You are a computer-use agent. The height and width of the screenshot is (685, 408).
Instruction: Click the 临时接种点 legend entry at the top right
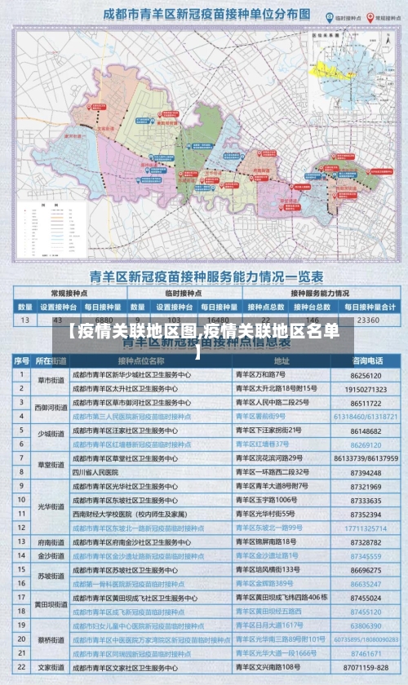click(326, 16)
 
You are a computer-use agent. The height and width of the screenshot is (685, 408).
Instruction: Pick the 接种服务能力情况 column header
click(319, 293)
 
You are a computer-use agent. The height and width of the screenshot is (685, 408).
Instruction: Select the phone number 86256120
click(366, 375)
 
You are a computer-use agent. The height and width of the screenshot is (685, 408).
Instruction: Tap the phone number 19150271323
click(366, 389)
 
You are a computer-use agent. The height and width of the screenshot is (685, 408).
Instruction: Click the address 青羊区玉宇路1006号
click(265, 500)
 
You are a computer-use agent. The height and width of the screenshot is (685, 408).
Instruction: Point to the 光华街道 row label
click(50, 506)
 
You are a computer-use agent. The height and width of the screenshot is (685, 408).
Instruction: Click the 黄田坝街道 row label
click(50, 605)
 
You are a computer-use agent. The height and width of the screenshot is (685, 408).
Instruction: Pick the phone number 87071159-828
click(366, 667)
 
